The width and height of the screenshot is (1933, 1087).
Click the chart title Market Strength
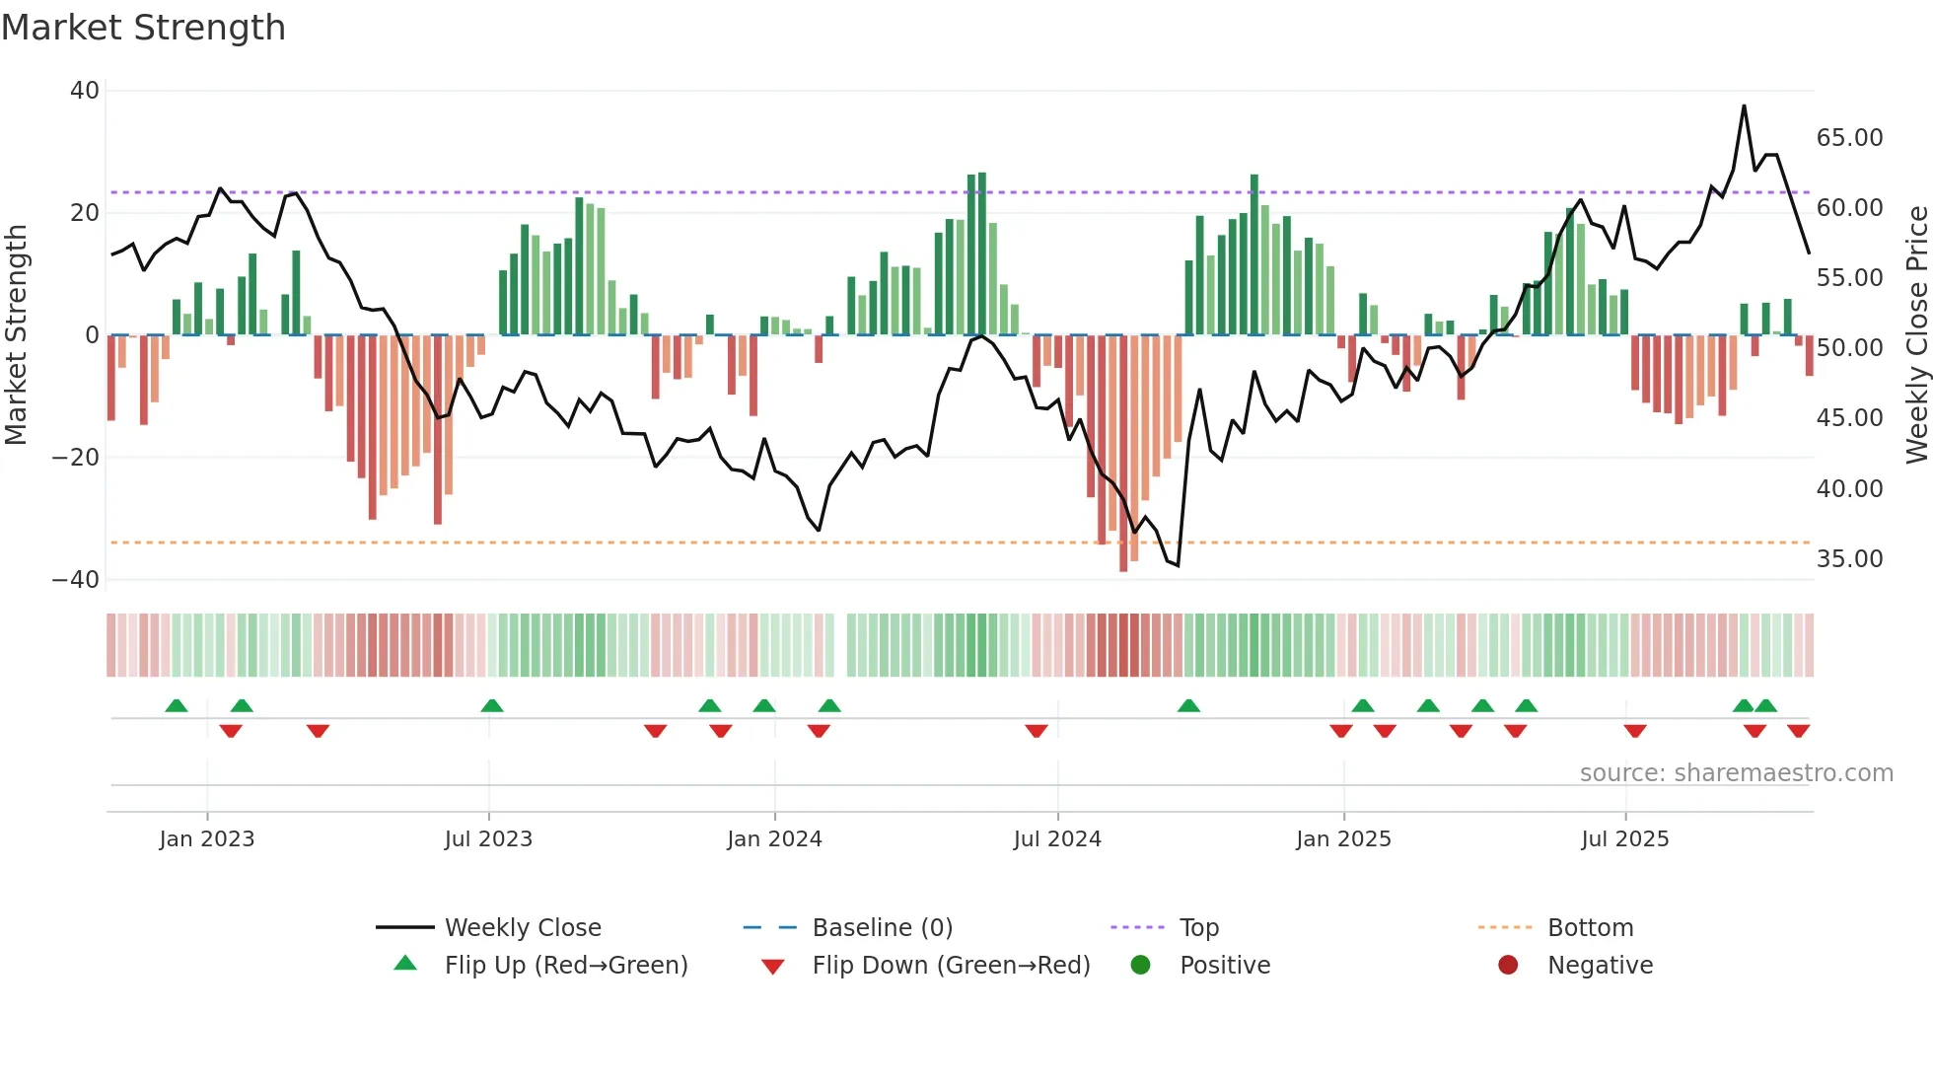[x=144, y=28]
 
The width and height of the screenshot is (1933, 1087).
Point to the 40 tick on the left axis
[x=85, y=91]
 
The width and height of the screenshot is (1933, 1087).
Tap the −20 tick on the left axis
[x=76, y=458]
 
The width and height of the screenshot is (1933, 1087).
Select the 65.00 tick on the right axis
[x=1849, y=138]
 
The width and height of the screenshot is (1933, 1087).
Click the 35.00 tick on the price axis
[x=1849, y=559]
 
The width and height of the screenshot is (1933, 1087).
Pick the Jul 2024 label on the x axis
[x=1057, y=839]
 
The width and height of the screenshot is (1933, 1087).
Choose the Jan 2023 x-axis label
[x=207, y=839]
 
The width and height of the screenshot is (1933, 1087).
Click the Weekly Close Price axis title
[x=1916, y=334]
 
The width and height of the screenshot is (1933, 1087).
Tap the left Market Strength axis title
[x=17, y=334]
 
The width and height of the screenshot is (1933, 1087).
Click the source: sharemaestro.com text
[x=1736, y=773]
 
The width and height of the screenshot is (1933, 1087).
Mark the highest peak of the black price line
[x=1744, y=106]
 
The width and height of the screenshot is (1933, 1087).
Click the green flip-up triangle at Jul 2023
[x=492, y=705]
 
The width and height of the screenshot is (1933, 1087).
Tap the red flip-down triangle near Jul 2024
[x=1036, y=731]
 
